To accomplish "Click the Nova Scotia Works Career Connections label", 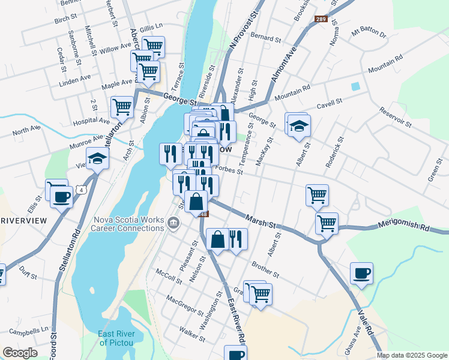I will pyautogui.click(x=128, y=224).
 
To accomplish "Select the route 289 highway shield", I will pyautogui.click(x=321, y=20).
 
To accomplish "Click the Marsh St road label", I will pyautogui.click(x=260, y=221).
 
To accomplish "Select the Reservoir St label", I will pyautogui.click(x=395, y=117).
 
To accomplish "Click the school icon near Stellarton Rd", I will pyautogui.click(x=97, y=158).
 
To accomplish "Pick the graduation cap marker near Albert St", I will pyautogui.click(x=298, y=125).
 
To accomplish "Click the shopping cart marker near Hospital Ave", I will pyautogui.click(x=122, y=107).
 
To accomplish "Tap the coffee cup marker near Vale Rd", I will pyautogui.click(x=361, y=274).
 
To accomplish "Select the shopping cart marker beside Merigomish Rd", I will pyautogui.click(x=327, y=223).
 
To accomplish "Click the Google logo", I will pyautogui.click(x=20, y=353).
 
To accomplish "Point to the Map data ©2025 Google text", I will pyautogui.click(x=411, y=355).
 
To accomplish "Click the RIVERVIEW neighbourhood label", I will pyautogui.click(x=23, y=221).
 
